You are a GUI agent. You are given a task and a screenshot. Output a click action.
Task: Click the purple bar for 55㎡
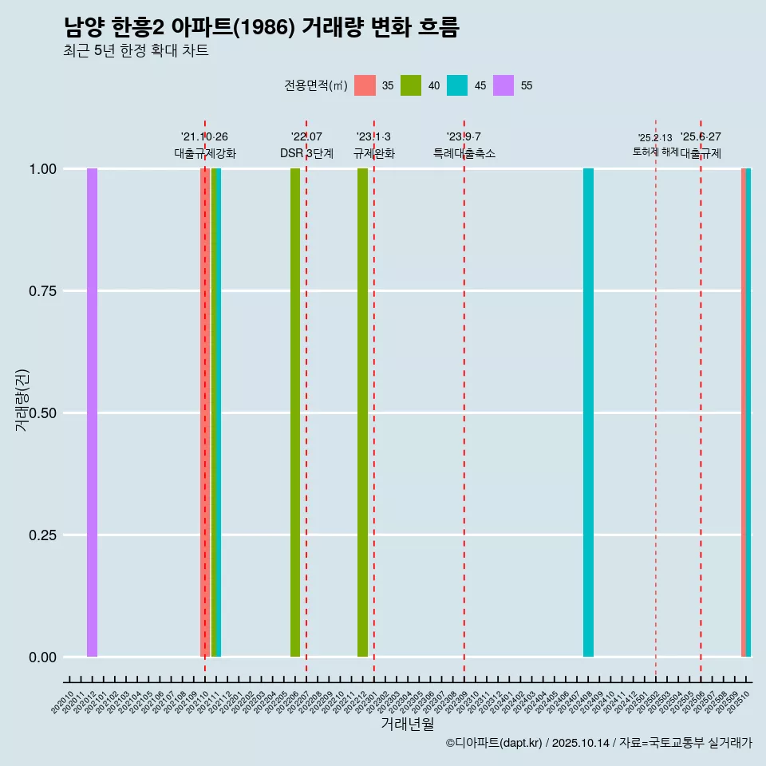coord(92,413)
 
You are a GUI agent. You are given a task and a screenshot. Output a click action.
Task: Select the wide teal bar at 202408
coord(588,413)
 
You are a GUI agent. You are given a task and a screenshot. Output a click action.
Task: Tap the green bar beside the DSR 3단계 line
coord(295,413)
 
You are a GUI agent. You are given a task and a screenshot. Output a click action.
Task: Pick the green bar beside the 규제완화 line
coord(362,413)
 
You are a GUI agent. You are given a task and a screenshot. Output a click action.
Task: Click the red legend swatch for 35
coord(365,85)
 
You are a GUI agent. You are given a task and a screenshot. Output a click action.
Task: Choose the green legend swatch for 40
coord(411,85)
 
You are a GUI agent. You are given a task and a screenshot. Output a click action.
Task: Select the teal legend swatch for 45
coord(457,85)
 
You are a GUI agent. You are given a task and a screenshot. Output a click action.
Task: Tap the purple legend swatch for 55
coord(503,85)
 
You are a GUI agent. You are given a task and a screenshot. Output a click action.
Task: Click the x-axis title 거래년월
coord(407,724)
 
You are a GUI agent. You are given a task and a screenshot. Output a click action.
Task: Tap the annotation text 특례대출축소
coord(464,153)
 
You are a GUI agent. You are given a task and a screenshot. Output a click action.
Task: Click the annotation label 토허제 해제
coord(655,151)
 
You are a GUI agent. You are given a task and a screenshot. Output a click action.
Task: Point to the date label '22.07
coord(306,136)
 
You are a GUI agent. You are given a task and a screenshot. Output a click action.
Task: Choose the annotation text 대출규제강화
coord(205,153)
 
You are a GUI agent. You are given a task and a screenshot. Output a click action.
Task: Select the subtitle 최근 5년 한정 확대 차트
coord(136,51)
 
